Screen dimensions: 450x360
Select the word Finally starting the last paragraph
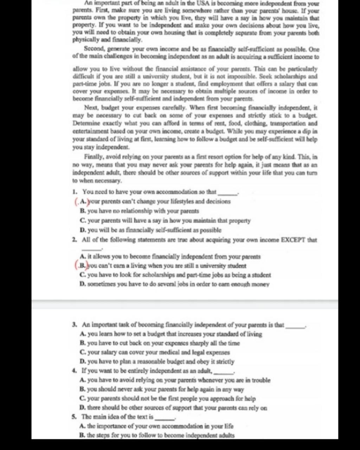pyautogui.click(x=93, y=157)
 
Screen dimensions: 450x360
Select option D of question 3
pyautogui.click(x=82, y=362)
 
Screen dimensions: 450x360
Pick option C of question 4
pyautogui.click(x=82, y=399)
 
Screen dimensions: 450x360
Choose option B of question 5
pyautogui.click(x=82, y=435)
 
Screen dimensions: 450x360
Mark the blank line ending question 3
pyautogui.click(x=296, y=327)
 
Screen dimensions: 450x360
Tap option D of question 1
pyautogui.click(x=82, y=230)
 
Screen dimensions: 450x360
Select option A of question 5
pyautogui.click(x=82, y=426)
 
